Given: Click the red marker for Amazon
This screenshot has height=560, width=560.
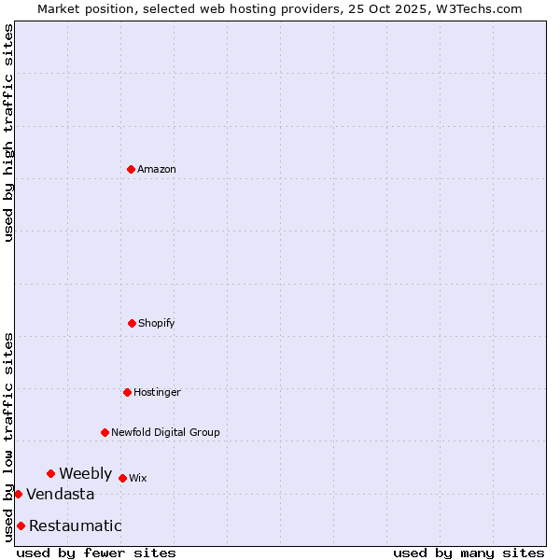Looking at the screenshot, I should tap(131, 169).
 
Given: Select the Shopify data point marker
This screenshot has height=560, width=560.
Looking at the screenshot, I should tap(132, 323).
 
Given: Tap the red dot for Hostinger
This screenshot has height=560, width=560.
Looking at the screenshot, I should tap(127, 392).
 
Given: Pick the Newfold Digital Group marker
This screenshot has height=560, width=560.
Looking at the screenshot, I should tap(105, 432).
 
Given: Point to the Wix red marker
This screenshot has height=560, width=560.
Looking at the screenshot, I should tap(122, 478).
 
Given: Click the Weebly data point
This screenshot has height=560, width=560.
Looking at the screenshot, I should tap(50, 473).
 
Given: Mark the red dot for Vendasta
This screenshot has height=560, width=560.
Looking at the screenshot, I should tap(18, 494).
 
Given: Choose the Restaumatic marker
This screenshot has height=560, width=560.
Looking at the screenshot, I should tap(21, 525).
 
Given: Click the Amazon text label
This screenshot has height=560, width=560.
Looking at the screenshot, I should tap(157, 169).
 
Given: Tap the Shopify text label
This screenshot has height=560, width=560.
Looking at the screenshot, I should tap(157, 323).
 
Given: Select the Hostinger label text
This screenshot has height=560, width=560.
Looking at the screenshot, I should tap(157, 392).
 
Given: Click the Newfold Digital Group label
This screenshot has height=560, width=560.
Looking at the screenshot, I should tap(165, 432).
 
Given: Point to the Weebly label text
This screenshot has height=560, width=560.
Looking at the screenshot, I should tap(85, 473).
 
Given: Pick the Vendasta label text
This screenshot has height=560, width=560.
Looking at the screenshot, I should tap(60, 494).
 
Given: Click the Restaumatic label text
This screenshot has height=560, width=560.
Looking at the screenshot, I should tap(75, 525).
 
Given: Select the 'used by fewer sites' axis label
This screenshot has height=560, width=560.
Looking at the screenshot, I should tap(96, 553).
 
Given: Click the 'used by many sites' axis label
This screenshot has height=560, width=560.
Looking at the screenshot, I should tap(469, 553).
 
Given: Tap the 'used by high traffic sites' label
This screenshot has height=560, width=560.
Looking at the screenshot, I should tap(8, 133).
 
